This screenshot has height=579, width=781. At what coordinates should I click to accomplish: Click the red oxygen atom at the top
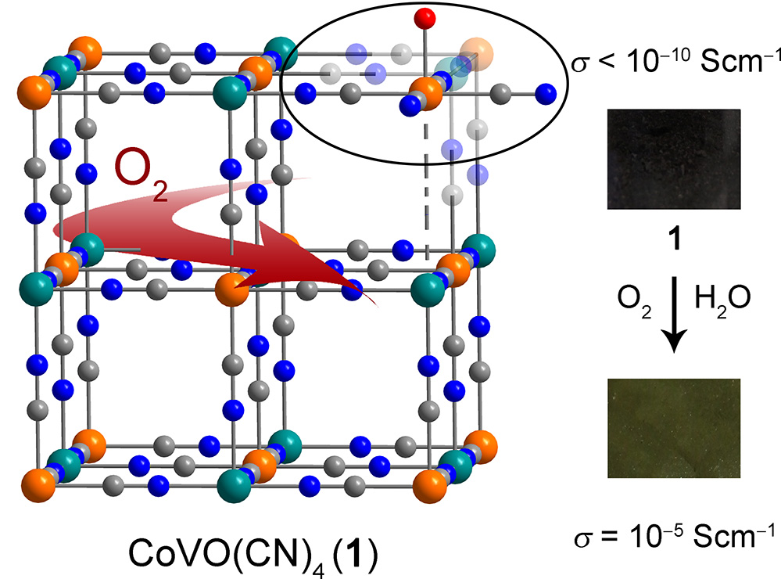tap(425, 17)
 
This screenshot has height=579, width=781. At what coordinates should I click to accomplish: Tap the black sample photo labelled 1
tap(675, 159)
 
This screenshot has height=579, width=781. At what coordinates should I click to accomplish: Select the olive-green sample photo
tap(674, 427)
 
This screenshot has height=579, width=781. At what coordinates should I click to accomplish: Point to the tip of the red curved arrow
tap(361, 293)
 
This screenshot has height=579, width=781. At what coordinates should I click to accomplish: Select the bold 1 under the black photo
tap(674, 238)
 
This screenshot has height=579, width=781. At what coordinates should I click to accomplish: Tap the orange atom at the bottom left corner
tap(34, 477)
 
